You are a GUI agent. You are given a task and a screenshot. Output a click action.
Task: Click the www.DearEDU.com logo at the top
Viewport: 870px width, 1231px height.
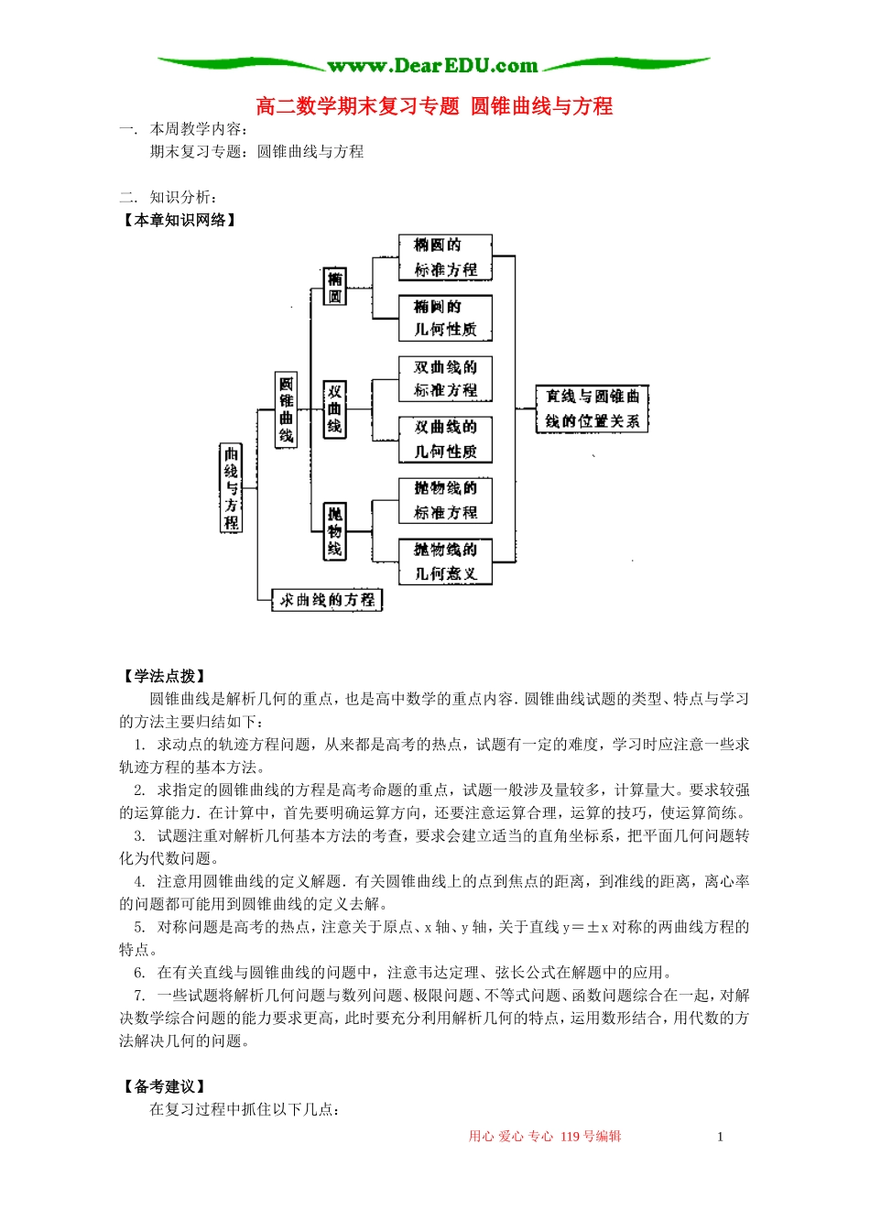[x=433, y=65]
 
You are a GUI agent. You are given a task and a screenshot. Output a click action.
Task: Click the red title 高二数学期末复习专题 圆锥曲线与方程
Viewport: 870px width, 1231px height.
[x=434, y=106]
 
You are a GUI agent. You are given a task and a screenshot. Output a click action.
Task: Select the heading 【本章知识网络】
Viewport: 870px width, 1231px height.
[x=180, y=220]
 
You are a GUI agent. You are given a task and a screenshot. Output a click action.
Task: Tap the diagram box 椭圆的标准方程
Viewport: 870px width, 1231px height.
[x=445, y=257]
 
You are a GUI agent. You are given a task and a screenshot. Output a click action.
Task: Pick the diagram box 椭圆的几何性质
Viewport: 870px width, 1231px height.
[x=445, y=318]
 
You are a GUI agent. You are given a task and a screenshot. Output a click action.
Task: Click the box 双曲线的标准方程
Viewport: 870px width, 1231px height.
[x=445, y=378]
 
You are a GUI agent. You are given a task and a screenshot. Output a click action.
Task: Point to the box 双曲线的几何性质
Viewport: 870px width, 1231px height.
[x=445, y=439]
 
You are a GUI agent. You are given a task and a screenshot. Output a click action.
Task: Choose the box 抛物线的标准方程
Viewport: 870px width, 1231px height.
[x=445, y=500]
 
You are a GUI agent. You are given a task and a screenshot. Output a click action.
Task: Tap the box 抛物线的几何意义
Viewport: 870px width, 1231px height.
[x=445, y=561]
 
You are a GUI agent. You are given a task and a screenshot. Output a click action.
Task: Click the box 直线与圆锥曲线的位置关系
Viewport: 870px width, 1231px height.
[x=592, y=409]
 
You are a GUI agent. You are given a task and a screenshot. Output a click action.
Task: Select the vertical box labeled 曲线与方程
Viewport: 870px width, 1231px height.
[x=231, y=487]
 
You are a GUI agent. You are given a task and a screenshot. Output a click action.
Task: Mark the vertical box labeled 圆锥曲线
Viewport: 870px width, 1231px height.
[x=286, y=409]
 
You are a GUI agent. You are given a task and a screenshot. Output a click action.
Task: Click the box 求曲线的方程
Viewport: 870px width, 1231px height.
[x=327, y=600]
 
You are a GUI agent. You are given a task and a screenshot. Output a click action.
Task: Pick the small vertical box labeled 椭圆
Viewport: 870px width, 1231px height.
[x=335, y=287]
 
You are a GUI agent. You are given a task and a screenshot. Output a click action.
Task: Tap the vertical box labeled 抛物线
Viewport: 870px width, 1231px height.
[x=335, y=530]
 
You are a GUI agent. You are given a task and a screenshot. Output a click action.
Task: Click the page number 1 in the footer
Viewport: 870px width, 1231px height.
[x=720, y=1137]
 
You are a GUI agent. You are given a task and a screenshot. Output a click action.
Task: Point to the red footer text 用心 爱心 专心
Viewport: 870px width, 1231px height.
[x=511, y=1137]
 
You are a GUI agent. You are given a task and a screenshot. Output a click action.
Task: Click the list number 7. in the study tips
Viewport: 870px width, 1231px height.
[x=139, y=996]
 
